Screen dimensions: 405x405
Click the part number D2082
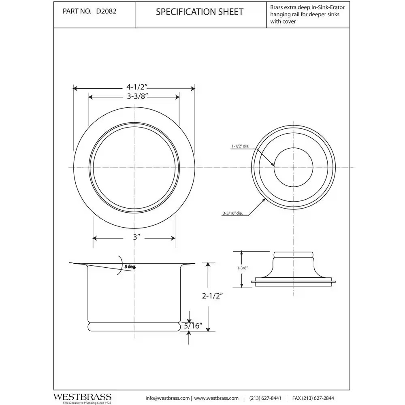[x=106, y=12]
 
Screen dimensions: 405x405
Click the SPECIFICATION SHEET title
[x=200, y=12]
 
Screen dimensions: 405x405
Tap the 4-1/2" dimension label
[x=136, y=87]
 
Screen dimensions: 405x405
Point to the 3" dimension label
[x=136, y=238]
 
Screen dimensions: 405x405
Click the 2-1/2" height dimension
[x=212, y=296]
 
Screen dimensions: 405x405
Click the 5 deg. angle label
[x=130, y=266]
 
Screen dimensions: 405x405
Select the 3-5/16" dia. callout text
[x=232, y=213]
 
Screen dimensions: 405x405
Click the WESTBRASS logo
[x=82, y=396]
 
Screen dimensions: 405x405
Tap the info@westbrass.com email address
[x=167, y=398]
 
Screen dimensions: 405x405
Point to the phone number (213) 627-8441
[x=265, y=398]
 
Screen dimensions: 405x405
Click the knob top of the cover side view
[x=294, y=255]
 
